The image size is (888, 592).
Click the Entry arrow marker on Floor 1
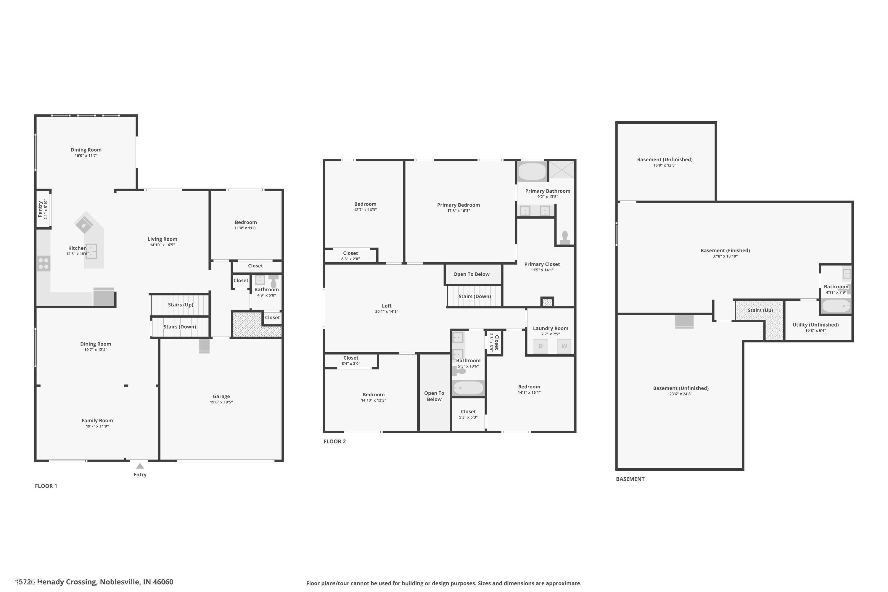point(140,466)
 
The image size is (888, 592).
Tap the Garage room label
point(221,396)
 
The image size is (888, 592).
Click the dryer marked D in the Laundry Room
point(540,346)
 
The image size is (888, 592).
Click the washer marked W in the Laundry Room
point(564,346)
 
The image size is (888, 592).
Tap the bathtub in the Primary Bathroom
point(532,172)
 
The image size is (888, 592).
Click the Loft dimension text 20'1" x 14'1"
point(386,311)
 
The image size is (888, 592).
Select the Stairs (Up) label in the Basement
point(760,310)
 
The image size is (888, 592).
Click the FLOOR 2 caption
point(334,441)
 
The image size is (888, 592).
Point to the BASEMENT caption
point(630,479)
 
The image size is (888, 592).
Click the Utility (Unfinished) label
point(815,324)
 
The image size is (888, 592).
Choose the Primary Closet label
point(542,264)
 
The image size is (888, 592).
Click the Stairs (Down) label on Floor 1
point(179,326)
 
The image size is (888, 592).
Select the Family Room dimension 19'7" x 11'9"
point(97,426)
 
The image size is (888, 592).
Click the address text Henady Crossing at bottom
point(66,582)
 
